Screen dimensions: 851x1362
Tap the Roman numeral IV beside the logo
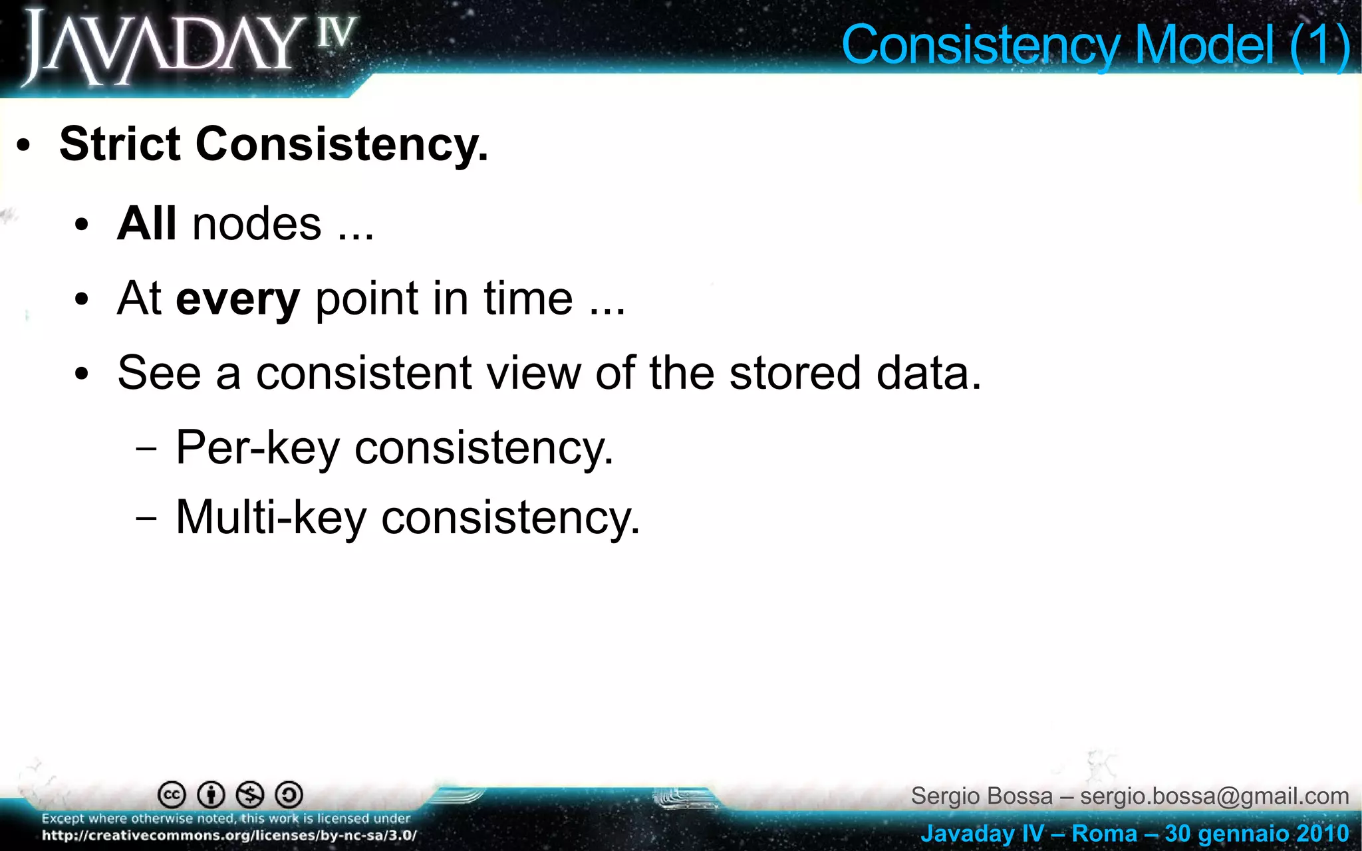(337, 33)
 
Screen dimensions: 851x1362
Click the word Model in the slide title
(1204, 45)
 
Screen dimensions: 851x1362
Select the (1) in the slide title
(1319, 45)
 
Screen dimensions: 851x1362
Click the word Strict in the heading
(120, 144)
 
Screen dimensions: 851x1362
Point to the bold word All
(146, 223)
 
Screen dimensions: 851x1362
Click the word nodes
(257, 225)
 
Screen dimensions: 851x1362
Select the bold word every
(237, 299)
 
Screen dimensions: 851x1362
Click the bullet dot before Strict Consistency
(24, 146)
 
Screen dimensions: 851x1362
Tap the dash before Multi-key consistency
(146, 518)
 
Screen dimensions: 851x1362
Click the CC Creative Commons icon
(172, 794)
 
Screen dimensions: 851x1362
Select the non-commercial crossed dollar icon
(250, 794)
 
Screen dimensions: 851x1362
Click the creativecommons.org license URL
(229, 836)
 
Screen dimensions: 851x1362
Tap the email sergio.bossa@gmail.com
(1214, 796)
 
